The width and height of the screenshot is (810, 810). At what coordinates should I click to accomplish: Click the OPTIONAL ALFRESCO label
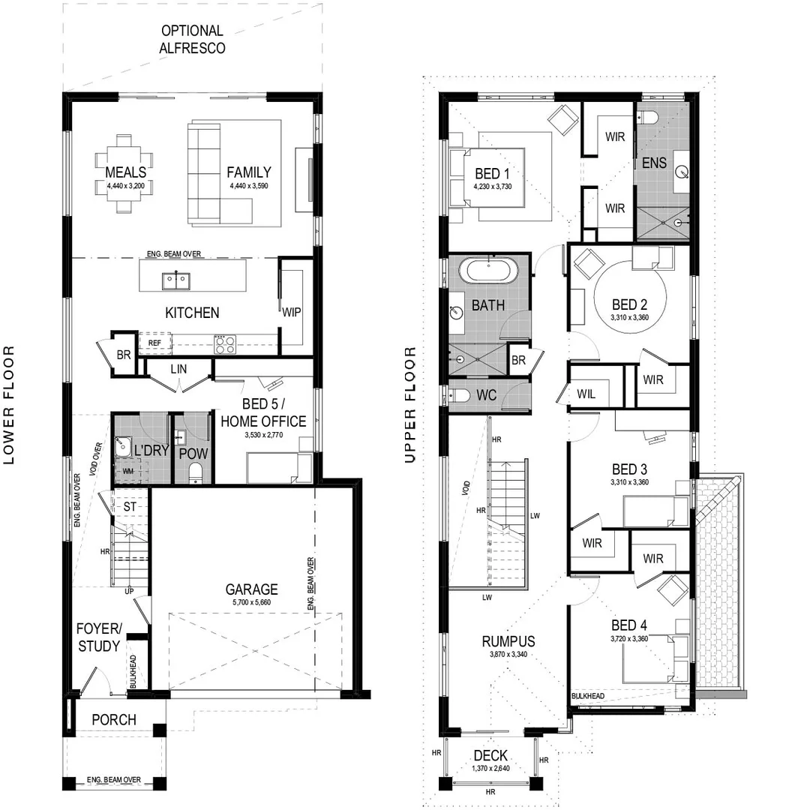tap(192, 39)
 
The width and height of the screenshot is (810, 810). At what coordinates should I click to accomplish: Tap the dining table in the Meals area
tap(124, 173)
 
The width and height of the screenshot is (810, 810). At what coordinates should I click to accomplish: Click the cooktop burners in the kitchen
tap(225, 344)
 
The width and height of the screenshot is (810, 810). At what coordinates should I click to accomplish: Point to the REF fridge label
tap(154, 343)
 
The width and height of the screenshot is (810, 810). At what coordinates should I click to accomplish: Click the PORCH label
tap(114, 720)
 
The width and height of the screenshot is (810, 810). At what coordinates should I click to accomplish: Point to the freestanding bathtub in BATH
tap(488, 270)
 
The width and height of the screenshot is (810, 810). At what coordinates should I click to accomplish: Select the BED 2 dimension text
tap(629, 318)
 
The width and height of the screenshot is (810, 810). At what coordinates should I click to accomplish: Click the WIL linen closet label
tap(586, 393)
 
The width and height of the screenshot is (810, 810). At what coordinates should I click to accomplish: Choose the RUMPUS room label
tap(508, 641)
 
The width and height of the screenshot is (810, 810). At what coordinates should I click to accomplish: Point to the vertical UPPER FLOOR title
tap(409, 405)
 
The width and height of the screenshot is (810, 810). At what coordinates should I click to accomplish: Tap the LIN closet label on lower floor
tap(179, 368)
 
